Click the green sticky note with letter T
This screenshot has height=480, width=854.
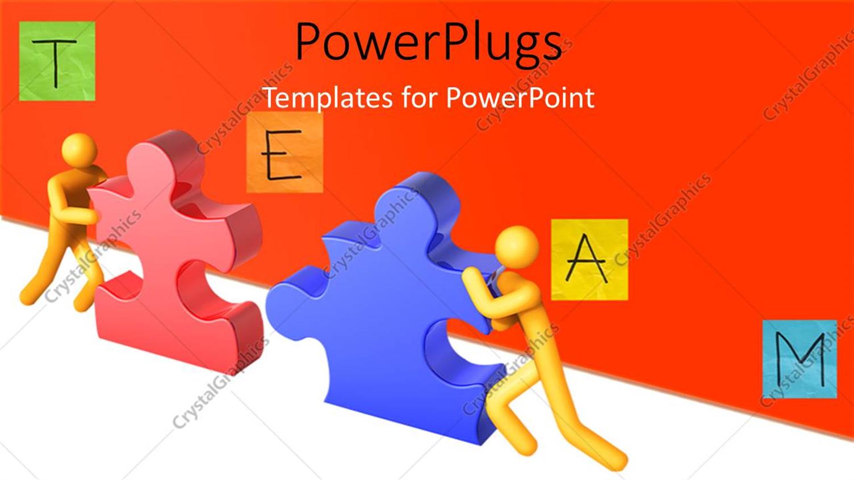coord(57,61)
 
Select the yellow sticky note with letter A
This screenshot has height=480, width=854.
coord(589,259)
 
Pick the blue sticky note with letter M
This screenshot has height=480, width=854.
coord(799,359)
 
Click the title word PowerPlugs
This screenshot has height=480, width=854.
coord(428,43)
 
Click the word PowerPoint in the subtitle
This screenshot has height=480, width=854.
coord(520,98)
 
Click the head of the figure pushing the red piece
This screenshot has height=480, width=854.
coord(79,149)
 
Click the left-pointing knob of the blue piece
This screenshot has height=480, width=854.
coord(284,295)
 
